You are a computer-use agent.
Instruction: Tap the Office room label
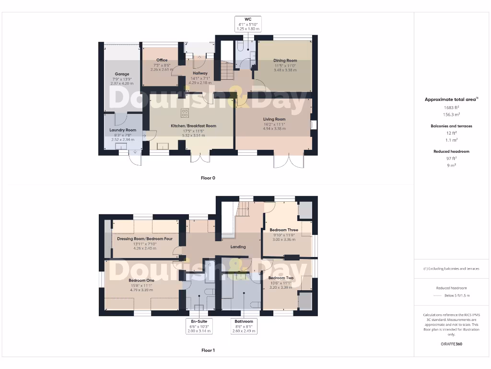coord(162,60)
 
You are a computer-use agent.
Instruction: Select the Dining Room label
coord(285,61)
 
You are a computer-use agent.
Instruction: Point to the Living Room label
coord(274,119)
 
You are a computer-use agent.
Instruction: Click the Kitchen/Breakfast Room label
coord(194,126)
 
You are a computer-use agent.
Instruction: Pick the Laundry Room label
coord(123,130)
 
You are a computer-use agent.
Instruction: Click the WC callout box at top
coord(248,24)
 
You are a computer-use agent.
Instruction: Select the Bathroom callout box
coord(244,326)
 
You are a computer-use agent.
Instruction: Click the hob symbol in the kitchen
coord(185,113)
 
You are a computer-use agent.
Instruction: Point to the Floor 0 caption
coord(208,178)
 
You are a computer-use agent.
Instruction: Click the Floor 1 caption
coord(208,350)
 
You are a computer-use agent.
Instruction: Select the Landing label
coord(238,247)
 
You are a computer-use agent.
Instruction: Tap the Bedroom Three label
coord(284,230)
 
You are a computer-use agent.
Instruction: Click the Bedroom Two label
coord(281,278)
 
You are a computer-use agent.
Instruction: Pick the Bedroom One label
coord(141,280)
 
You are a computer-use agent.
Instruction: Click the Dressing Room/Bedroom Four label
coord(145,238)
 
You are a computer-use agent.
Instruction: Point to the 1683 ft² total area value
coord(450,108)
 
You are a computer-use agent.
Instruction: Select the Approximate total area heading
coord(450,99)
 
